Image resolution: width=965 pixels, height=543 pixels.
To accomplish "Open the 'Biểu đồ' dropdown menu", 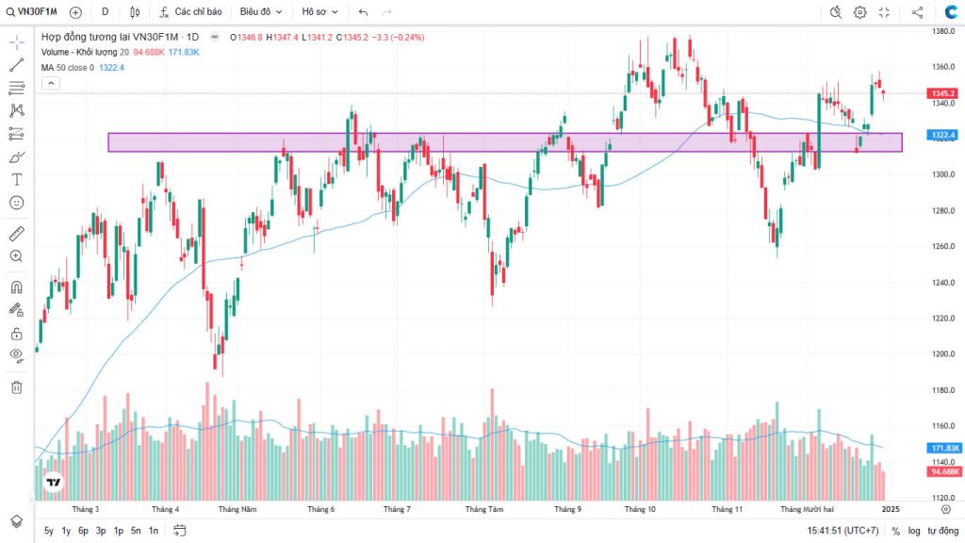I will click(x=260, y=12).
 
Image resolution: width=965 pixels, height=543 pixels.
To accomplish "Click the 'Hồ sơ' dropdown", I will click(x=319, y=12).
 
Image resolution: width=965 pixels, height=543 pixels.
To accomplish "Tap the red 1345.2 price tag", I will click(x=943, y=93).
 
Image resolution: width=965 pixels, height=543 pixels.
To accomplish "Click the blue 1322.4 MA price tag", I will click(x=943, y=136).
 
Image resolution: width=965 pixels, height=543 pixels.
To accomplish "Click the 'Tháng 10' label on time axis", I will click(x=640, y=509).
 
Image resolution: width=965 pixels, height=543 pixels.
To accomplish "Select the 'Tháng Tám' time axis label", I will click(x=484, y=509).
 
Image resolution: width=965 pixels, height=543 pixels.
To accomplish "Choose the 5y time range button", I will click(x=49, y=532).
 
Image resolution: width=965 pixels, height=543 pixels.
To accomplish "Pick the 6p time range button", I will click(x=83, y=532).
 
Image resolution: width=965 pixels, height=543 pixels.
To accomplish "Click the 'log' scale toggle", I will click(x=914, y=532).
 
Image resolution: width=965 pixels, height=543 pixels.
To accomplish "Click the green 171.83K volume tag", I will click(x=943, y=448).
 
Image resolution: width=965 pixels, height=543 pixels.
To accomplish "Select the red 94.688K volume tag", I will click(x=943, y=471).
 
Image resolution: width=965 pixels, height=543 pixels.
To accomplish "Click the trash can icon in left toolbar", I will click(x=16, y=387).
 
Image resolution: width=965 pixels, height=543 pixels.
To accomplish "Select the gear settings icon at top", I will click(x=859, y=12).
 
